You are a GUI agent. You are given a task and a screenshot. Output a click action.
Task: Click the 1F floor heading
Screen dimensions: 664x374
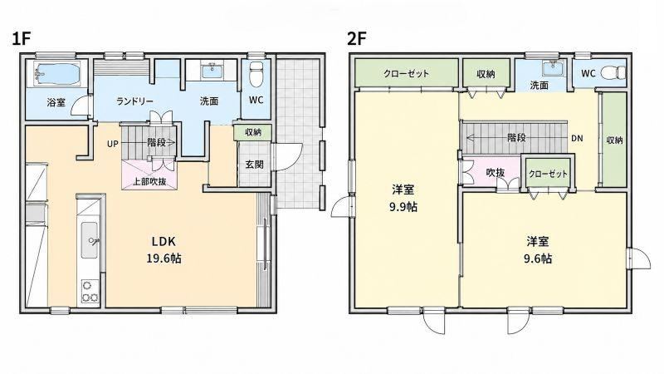click(22, 39)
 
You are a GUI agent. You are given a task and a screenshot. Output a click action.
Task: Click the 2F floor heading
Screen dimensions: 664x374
click(356, 39)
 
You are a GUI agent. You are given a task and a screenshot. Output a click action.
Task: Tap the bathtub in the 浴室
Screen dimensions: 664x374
click(57, 74)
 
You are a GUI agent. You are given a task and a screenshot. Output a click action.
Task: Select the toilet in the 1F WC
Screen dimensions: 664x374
click(256, 74)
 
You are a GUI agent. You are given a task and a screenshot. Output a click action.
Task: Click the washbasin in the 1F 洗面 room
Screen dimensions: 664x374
click(212, 71)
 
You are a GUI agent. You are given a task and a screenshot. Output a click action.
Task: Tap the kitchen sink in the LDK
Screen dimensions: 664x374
click(90, 239)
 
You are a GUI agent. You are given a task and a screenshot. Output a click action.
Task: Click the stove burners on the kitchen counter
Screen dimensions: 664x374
click(90, 291)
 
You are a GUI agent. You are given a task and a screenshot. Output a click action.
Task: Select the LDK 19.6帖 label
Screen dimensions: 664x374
click(164, 250)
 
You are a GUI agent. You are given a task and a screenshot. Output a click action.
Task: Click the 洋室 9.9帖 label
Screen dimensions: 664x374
click(403, 198)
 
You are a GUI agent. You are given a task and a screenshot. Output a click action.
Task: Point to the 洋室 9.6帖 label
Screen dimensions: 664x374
click(538, 250)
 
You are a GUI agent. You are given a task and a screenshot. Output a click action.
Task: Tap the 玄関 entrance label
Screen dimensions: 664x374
click(255, 165)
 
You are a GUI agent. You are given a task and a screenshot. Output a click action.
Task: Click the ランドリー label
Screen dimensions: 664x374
click(134, 101)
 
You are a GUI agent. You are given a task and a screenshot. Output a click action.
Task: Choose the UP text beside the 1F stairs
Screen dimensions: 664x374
click(113, 144)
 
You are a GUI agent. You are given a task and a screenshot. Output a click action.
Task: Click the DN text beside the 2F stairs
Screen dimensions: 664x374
click(577, 138)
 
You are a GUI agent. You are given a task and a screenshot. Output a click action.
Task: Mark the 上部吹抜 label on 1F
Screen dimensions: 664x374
click(150, 182)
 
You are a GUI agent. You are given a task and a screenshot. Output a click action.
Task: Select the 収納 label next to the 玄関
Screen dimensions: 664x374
click(253, 132)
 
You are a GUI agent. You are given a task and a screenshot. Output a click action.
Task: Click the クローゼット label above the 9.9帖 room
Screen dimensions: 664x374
click(407, 74)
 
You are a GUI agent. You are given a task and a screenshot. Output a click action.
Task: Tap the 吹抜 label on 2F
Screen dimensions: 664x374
click(496, 173)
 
